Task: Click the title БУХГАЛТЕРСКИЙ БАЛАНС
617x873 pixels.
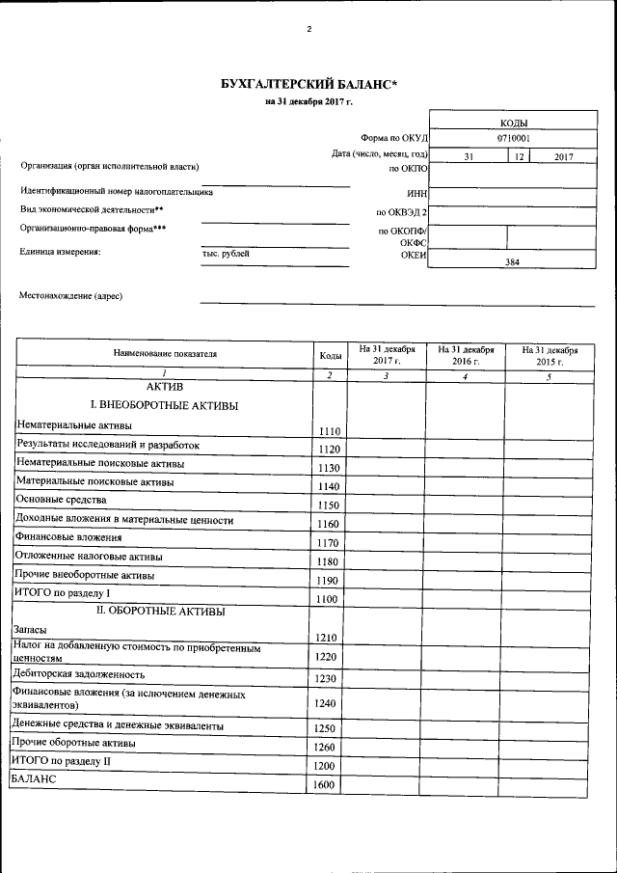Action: point(308,85)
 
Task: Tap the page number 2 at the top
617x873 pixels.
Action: point(308,29)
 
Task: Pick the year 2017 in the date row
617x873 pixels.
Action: point(564,155)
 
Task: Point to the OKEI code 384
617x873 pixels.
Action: point(513,261)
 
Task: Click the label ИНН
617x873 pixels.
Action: point(416,193)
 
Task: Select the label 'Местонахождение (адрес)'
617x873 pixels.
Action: point(71,296)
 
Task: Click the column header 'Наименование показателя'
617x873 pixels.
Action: point(165,354)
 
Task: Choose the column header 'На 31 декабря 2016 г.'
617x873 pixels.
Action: point(466,354)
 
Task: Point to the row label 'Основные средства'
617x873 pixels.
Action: point(61,500)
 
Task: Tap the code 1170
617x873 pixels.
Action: point(329,543)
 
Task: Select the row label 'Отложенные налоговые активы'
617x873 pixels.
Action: point(80,556)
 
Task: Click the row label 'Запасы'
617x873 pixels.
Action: point(30,629)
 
